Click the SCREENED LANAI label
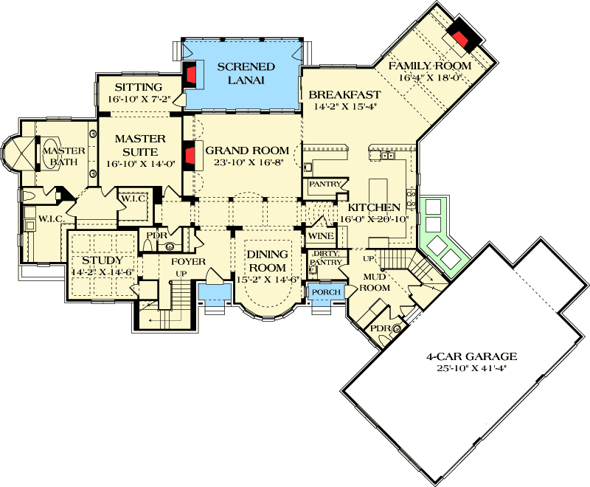pyautogui.click(x=246, y=73)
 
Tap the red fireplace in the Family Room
pyautogui.click(x=462, y=39)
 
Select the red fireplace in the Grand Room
pyautogui.click(x=190, y=156)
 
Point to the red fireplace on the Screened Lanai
pyautogui.click(x=190, y=75)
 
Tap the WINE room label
pyautogui.click(x=321, y=235)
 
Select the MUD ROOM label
pyautogui.click(x=374, y=283)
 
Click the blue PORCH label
pyautogui.click(x=326, y=292)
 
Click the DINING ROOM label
pyautogui.click(x=267, y=260)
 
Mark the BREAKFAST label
pyautogui.click(x=344, y=94)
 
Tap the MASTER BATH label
pyautogui.click(x=63, y=157)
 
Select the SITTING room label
pyautogui.click(x=133, y=87)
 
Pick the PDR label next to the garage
pyautogui.click(x=379, y=328)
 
